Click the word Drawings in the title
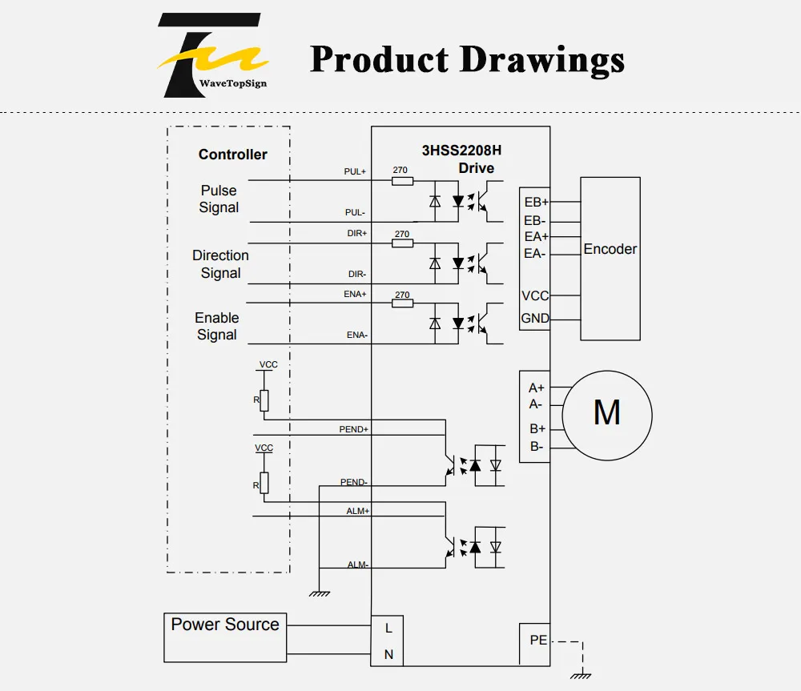tap(542, 60)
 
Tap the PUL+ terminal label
tap(355, 171)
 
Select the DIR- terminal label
tap(357, 275)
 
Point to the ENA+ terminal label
tap(355, 294)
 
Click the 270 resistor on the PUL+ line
tap(403, 181)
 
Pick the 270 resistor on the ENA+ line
tap(403, 303)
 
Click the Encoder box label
tap(610, 249)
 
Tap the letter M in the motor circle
tap(607, 412)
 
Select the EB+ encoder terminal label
tap(537, 203)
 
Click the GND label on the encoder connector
tap(535, 318)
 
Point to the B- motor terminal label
tap(537, 446)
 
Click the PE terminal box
tap(534, 644)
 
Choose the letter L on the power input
tap(388, 629)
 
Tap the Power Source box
tap(225, 637)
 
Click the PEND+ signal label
tap(353, 429)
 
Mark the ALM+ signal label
tap(357, 511)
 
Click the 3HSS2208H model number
tap(461, 151)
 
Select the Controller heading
tap(232, 155)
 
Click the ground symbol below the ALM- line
tap(320, 593)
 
